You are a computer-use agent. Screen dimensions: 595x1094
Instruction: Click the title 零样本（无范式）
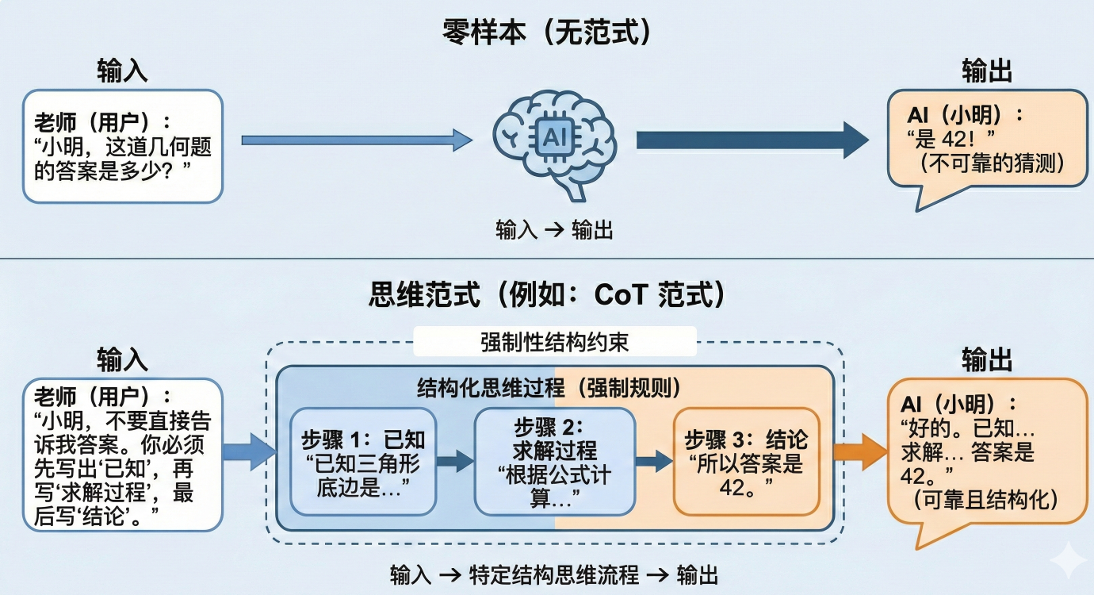coord(547,34)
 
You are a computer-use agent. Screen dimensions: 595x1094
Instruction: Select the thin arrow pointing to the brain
coord(357,140)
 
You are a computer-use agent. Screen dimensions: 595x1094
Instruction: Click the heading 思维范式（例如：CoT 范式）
coord(547,295)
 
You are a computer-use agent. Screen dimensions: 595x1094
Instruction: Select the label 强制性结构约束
coord(555,343)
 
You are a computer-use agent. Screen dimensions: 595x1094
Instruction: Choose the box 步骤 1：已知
coord(363,461)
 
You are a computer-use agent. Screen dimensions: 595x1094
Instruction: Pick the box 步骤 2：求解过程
coord(554,461)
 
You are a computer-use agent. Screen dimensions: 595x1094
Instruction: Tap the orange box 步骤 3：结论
coord(746,461)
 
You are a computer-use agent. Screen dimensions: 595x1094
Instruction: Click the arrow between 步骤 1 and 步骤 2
coord(455,462)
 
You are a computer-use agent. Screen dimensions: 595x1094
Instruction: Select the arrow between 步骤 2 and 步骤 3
coord(653,462)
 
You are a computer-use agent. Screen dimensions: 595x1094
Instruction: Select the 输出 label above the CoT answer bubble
coord(987,361)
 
